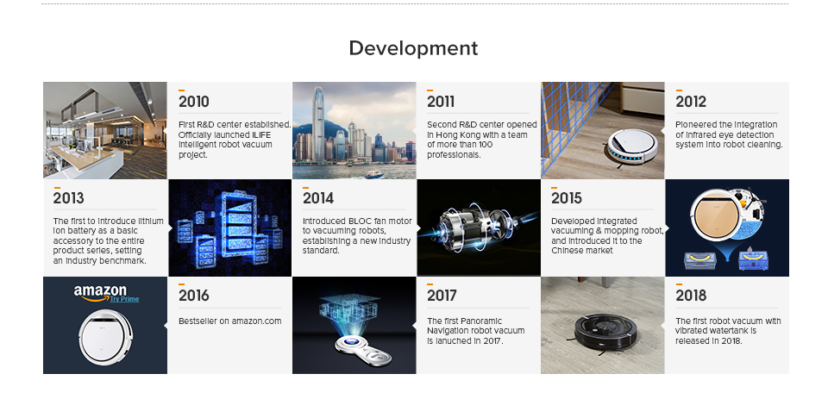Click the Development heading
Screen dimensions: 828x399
pyautogui.click(x=413, y=48)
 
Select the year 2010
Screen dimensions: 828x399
pyautogui.click(x=194, y=102)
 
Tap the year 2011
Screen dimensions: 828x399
pyautogui.click(x=441, y=102)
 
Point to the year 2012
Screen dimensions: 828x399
pyautogui.click(x=691, y=102)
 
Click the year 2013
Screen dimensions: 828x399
pyautogui.click(x=69, y=198)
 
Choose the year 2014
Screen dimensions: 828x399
pyautogui.click(x=318, y=198)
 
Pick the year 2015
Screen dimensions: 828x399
pyautogui.click(x=567, y=198)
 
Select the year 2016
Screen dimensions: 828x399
pyautogui.click(x=194, y=296)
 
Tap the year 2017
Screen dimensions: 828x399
pyautogui.click(x=442, y=296)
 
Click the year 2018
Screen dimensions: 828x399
pyautogui.click(x=691, y=296)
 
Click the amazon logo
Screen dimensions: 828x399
pyautogui.click(x=100, y=293)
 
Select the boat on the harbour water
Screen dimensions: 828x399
pyautogui.click(x=373, y=173)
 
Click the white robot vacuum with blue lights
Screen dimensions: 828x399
pyautogui.click(x=632, y=146)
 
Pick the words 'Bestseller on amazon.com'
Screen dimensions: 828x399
pyautogui.click(x=229, y=321)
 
